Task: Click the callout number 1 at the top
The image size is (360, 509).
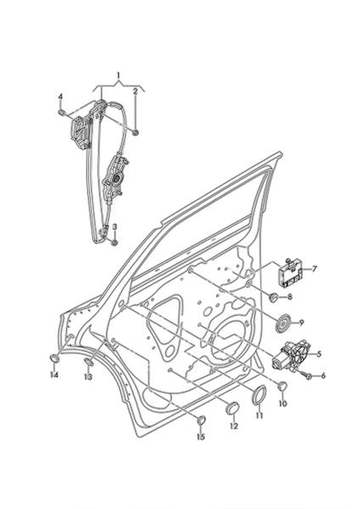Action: [x=119, y=76]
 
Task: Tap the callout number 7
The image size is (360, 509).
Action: [x=314, y=269]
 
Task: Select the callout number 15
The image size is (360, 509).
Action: [x=200, y=437]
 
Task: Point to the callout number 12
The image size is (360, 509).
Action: [x=234, y=426]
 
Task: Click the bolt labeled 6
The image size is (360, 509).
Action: [x=308, y=376]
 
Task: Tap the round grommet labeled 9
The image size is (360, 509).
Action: [x=284, y=323]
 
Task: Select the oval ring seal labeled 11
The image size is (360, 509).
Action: [x=259, y=395]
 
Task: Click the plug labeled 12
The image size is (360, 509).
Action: [x=232, y=408]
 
